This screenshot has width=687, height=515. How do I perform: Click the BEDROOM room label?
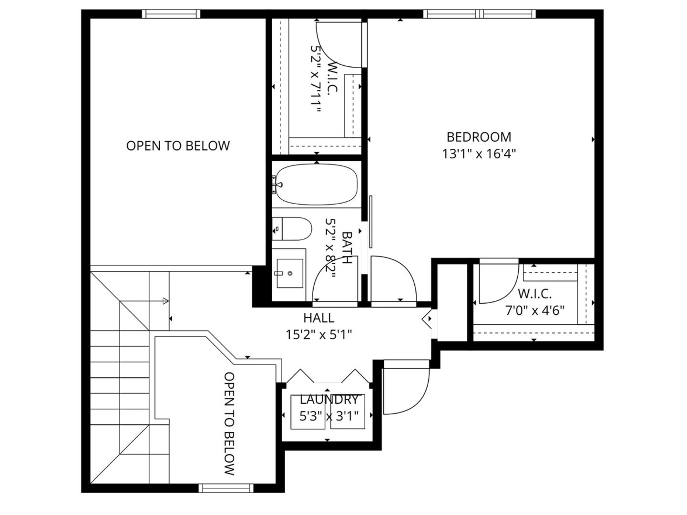click(x=479, y=137)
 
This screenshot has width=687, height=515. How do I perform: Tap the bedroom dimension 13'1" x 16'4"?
click(x=479, y=154)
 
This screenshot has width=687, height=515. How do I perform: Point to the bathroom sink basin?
click(x=290, y=273)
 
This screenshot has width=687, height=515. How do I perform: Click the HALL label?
click(x=318, y=318)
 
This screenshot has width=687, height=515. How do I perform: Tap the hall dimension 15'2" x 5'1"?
click(x=318, y=335)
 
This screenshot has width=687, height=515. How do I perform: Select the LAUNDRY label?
click(x=328, y=400)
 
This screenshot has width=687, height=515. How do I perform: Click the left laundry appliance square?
click(x=308, y=412)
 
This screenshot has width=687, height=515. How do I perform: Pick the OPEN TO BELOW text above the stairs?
click(x=178, y=146)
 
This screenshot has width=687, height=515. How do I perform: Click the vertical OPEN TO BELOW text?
click(x=229, y=423)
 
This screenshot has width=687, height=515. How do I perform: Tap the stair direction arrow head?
click(x=165, y=301)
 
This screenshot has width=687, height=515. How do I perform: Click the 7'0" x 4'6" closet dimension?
click(x=534, y=311)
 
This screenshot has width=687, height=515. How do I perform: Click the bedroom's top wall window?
click(x=479, y=14)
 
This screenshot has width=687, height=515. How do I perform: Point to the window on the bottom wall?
click(x=226, y=488)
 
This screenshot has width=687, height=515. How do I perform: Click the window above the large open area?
click(x=171, y=14)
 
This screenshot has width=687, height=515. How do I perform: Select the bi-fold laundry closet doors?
click(x=328, y=377)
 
